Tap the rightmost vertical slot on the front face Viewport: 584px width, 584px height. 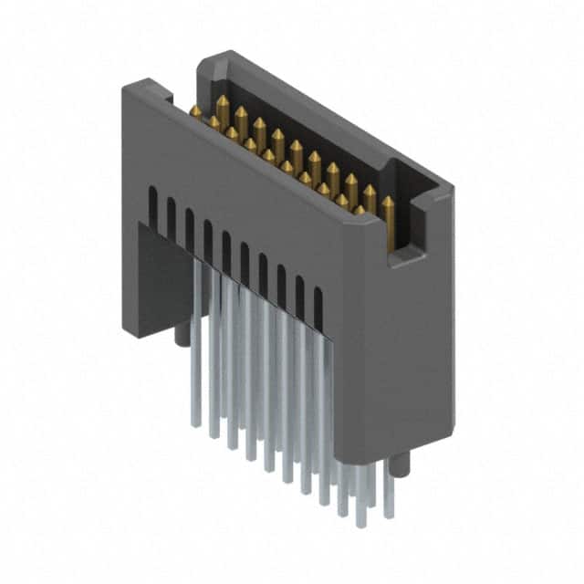(318, 305)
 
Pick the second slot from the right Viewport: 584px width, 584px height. (299, 293)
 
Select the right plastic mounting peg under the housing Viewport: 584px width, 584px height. (403, 465)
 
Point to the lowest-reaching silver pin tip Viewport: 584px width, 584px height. (360, 526)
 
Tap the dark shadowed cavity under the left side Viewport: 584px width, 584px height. (164, 274)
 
